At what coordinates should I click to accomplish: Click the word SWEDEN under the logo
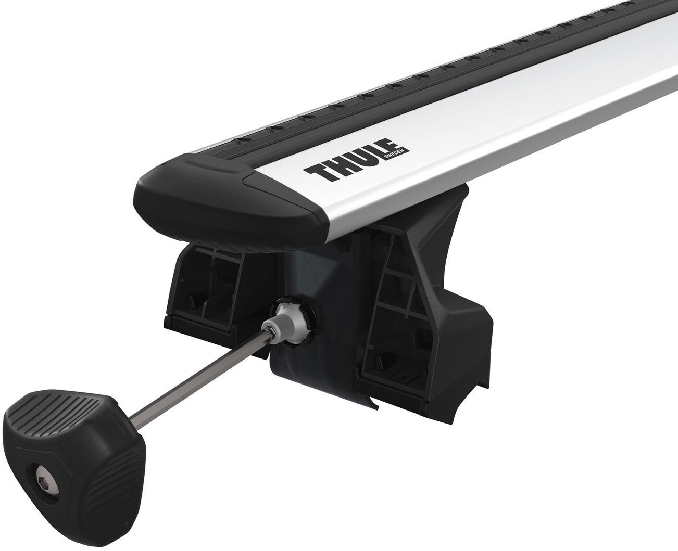point(400,151)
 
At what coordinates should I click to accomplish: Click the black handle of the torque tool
point(73,458)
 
